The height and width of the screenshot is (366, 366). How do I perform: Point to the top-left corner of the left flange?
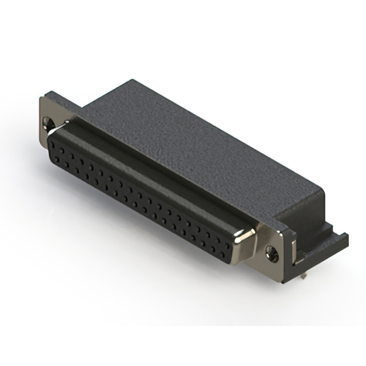point(41,97)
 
